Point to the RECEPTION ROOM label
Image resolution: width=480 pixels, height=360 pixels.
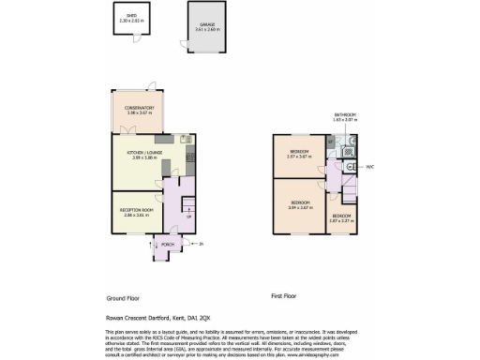(x=137, y=210)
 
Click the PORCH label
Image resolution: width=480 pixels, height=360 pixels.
(x=167, y=246)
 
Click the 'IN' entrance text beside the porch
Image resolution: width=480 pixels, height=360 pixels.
(x=201, y=246)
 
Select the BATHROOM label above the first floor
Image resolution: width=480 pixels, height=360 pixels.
(x=345, y=115)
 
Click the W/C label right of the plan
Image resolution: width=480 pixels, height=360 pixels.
(x=370, y=165)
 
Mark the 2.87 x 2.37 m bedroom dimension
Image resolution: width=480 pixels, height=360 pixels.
(x=341, y=222)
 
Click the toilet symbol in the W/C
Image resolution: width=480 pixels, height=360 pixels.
(x=350, y=166)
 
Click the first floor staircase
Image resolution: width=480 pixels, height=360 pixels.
(x=349, y=192)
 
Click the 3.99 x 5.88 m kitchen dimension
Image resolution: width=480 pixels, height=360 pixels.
(x=143, y=157)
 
